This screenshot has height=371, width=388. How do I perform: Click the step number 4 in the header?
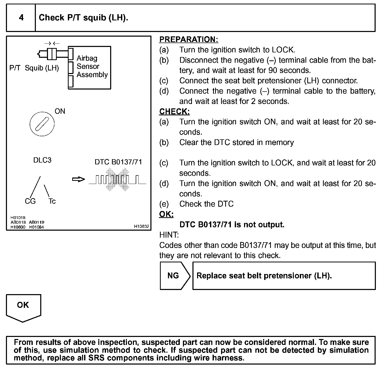21,18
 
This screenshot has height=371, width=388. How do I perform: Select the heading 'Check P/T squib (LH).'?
83,18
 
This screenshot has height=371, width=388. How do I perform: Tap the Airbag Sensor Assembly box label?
92,67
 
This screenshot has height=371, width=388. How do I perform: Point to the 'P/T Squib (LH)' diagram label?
34,68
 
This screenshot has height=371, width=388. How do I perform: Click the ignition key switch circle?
42,124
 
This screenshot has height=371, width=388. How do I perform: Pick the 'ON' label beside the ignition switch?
60,111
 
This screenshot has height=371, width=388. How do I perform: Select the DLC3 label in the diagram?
42,160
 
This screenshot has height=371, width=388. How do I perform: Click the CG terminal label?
30,201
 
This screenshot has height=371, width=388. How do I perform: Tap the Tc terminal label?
52,201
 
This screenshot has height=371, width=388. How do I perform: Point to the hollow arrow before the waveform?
78,179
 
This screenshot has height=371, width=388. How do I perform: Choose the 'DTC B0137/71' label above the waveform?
118,162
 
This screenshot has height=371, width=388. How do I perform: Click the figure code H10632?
141,227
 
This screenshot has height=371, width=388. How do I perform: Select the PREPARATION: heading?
189,39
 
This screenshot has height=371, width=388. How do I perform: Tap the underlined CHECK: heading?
174,111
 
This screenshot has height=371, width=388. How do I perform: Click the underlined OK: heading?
166,214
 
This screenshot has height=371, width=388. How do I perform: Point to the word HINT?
169,235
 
